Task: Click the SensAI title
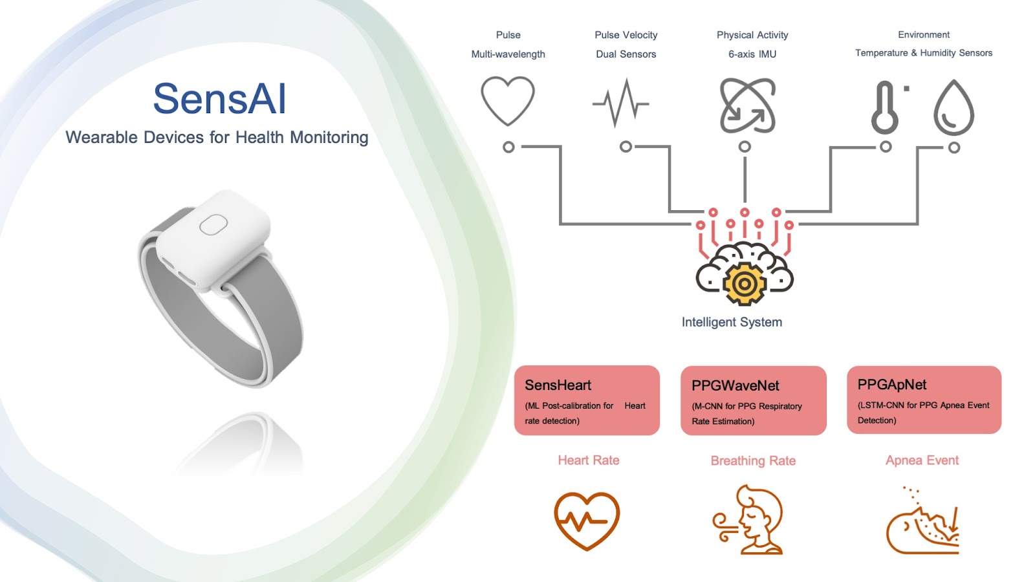pos(219,98)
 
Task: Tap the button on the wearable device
pos(213,224)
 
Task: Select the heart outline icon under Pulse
pos(508,101)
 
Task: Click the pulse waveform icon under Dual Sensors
pos(620,103)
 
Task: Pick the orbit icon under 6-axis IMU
pos(748,106)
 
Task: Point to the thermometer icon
pos(885,107)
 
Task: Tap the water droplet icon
pos(953,107)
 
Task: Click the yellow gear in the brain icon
pos(744,284)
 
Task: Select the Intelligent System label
pos(732,322)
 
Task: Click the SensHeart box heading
pos(558,385)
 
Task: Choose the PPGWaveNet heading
pos(735,385)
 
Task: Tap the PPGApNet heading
pos(892,384)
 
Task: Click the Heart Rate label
pos(588,460)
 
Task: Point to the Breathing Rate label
pos(753,460)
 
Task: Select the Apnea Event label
pos(922,460)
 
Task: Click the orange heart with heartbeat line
pos(587,521)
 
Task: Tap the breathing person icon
pos(748,519)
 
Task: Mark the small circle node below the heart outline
pos(508,147)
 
